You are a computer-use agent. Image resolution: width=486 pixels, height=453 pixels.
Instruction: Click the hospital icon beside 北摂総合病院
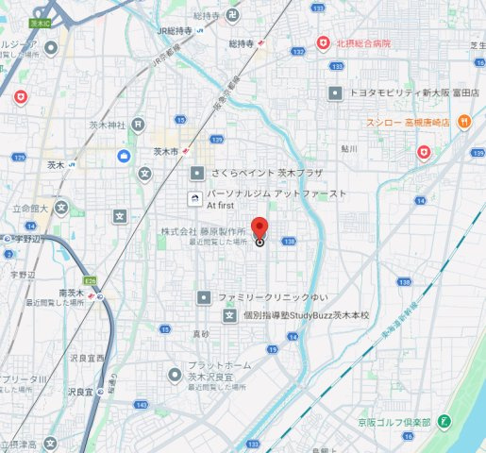[323, 43]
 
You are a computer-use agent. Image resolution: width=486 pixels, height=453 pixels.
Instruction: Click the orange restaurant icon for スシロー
[463, 122]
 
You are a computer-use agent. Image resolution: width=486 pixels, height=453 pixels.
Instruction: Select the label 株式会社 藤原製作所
[202, 231]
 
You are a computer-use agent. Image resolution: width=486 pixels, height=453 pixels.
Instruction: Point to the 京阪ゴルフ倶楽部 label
[399, 422]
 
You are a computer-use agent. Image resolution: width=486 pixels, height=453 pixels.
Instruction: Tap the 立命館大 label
[29, 208]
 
